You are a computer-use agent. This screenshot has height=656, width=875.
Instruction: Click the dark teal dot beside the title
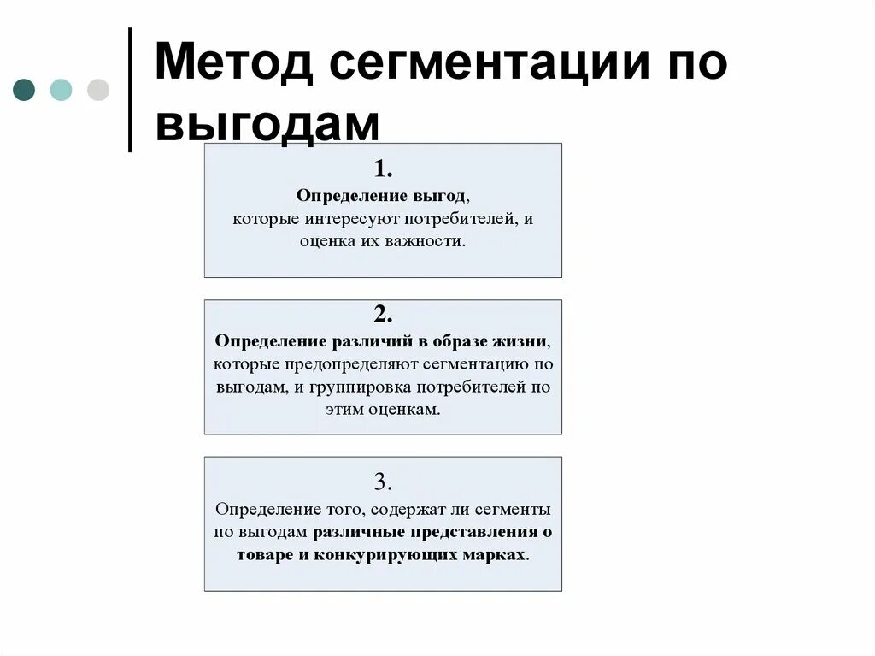pos(24,90)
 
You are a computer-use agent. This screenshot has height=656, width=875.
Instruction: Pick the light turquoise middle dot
pos(61,90)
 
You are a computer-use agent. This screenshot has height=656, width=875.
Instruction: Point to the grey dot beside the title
pos(98,90)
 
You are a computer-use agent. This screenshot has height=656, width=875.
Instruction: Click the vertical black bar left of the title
pos(130,90)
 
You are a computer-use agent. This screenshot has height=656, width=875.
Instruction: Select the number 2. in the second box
pos(383,313)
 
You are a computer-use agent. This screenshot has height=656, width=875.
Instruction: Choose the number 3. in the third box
pos(383,481)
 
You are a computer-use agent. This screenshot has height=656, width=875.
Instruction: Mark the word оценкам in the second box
pos(405,410)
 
